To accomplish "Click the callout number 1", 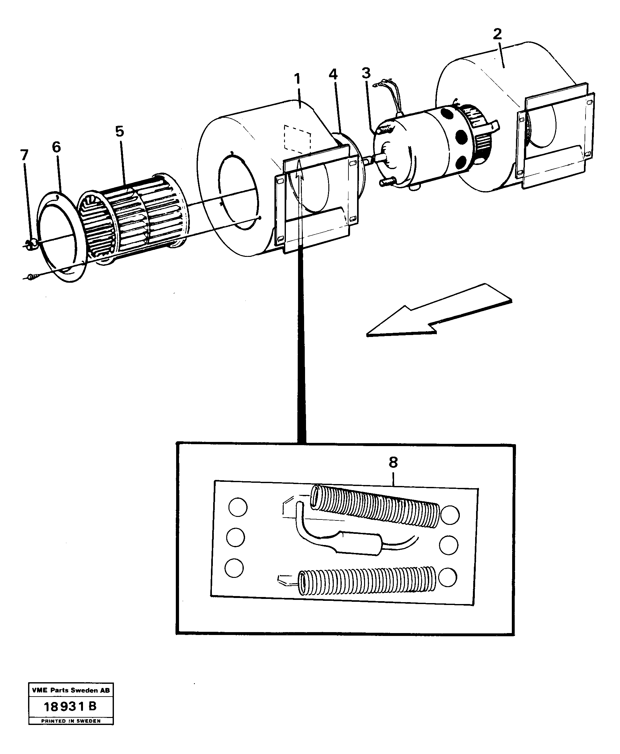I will [297, 79].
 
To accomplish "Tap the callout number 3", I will [366, 73].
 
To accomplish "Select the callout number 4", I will [333, 75].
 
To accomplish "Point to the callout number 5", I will [119, 132].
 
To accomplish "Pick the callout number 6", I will [56, 147].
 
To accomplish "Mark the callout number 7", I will [24, 155].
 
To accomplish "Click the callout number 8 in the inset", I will [393, 463].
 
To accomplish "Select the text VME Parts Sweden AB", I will [71, 691].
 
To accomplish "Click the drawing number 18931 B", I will [70, 706].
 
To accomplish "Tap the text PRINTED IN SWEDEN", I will [71, 721].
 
